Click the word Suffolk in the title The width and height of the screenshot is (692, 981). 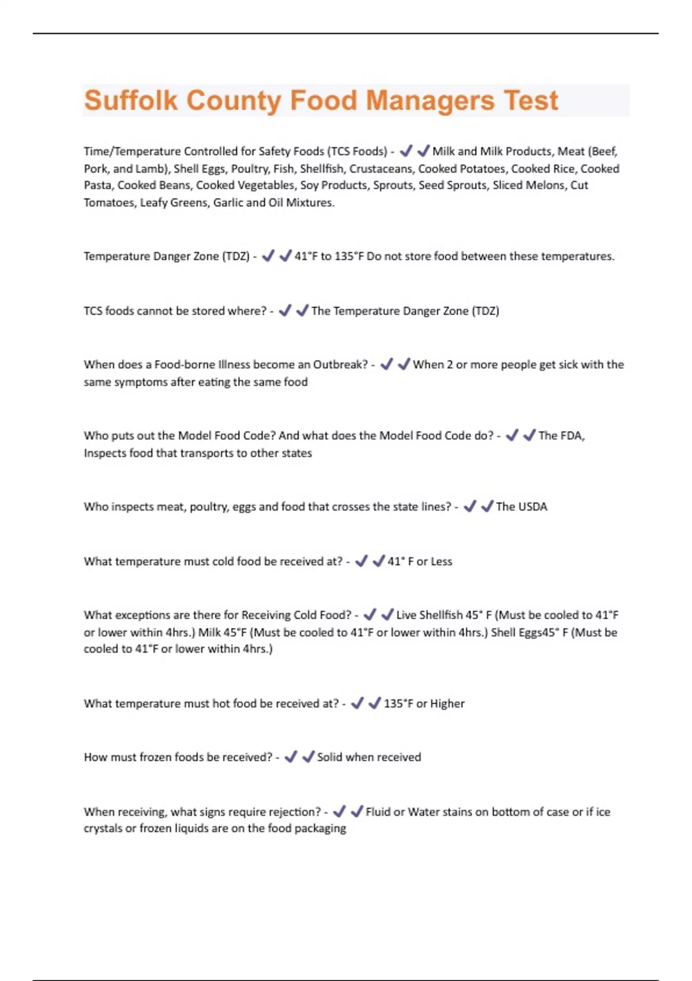131,100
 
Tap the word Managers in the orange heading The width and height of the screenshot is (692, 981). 430,100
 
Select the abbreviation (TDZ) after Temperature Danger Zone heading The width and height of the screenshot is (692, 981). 235,256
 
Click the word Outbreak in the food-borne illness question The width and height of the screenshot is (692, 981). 340,365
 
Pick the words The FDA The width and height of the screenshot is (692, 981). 561,436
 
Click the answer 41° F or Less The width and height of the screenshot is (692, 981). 420,561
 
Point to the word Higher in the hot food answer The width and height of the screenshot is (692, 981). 447,703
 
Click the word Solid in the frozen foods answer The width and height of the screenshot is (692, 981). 330,757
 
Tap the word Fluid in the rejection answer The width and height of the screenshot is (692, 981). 378,812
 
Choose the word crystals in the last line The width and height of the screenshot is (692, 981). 103,829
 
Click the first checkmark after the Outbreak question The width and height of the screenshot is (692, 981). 386,365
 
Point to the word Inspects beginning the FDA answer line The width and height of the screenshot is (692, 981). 104,453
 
